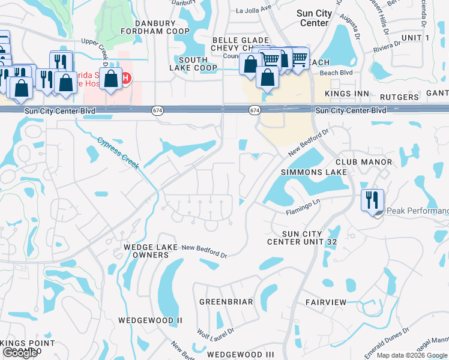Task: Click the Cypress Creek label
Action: coord(119,154)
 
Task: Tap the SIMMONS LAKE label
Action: coord(314,172)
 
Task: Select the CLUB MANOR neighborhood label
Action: coord(364,162)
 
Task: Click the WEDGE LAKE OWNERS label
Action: coord(146,251)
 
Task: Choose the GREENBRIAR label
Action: coord(226,302)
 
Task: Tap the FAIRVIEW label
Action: coord(325,302)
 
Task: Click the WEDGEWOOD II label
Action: coord(150,320)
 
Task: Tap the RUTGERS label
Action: coord(399,97)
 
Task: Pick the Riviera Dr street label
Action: coord(387,49)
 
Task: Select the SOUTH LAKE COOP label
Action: coord(193,64)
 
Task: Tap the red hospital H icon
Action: coord(126,78)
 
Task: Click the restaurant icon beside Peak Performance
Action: coord(372,199)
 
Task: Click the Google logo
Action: coord(20,353)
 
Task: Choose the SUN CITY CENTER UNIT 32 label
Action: coord(303,238)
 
